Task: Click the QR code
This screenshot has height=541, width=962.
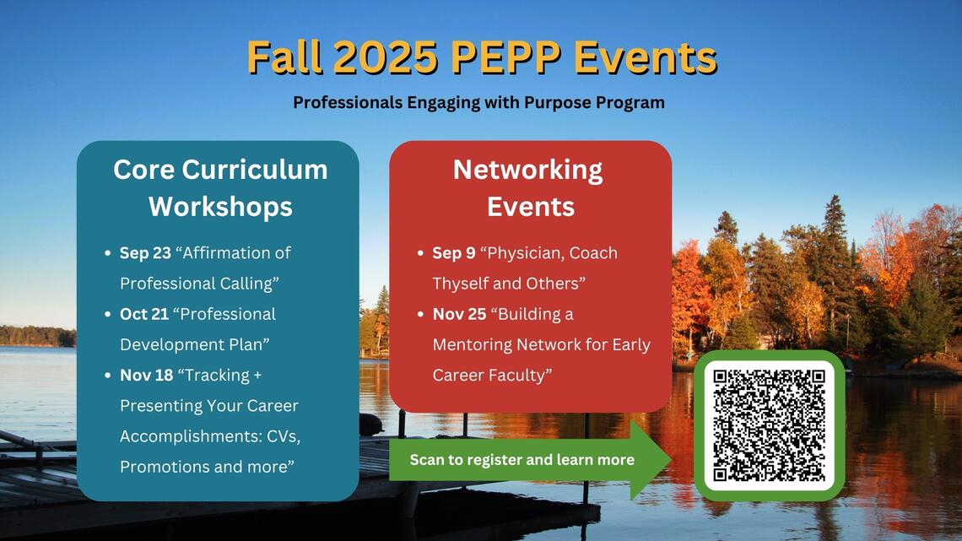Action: [x=769, y=425]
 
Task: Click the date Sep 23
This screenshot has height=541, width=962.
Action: [x=145, y=253]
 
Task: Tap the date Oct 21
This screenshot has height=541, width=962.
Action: [x=144, y=314]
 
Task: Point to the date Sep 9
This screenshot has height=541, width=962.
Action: [x=453, y=253]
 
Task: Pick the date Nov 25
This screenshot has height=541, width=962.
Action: [x=459, y=314]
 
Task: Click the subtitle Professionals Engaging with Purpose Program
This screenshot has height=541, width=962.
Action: [x=478, y=103]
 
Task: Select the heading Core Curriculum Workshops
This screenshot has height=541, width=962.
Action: [x=220, y=187]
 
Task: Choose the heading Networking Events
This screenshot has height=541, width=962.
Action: [x=529, y=187]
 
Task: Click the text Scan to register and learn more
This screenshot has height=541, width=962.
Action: [x=522, y=460]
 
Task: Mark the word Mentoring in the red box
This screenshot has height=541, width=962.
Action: [x=473, y=344]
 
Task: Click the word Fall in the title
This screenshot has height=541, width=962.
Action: [x=285, y=58]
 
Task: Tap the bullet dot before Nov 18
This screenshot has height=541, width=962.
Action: [x=107, y=376]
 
